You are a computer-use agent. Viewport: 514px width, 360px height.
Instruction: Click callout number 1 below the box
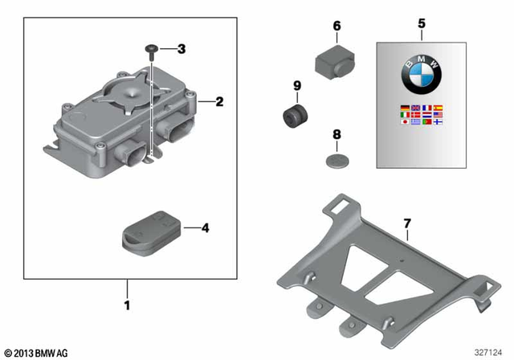pyautogui.click(x=125, y=306)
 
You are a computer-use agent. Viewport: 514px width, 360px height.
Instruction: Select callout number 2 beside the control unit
pyautogui.click(x=218, y=102)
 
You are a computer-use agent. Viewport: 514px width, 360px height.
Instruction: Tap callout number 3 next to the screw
pyautogui.click(x=181, y=49)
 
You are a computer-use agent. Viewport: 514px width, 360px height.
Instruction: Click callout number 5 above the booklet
pyautogui.click(x=421, y=25)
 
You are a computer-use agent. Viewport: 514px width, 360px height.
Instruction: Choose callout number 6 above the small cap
pyautogui.click(x=337, y=26)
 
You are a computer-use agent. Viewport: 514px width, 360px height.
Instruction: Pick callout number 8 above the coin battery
pyautogui.click(x=337, y=136)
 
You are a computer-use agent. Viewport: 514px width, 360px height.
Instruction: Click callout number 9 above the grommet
pyautogui.click(x=296, y=86)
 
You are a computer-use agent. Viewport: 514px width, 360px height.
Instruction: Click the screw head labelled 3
pyautogui.click(x=152, y=49)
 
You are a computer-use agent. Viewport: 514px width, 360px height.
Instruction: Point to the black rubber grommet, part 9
pyautogui.click(x=294, y=115)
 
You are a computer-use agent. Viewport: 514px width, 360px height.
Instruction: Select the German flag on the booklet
pyautogui.click(x=404, y=107)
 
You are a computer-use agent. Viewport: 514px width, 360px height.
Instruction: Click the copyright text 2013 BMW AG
pyautogui.click(x=37, y=353)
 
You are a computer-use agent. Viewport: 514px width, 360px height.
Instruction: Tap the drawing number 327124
pyautogui.click(x=489, y=353)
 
